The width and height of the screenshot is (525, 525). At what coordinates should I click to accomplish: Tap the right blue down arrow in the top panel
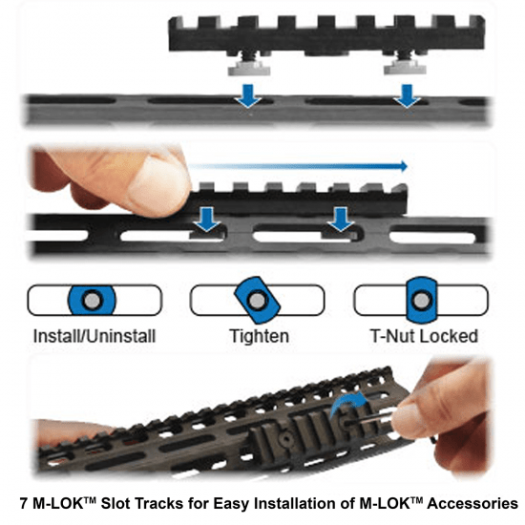[409, 95]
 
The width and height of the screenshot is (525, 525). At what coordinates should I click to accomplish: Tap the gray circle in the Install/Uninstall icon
[91, 300]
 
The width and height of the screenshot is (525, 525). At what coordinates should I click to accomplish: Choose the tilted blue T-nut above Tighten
[256, 300]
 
